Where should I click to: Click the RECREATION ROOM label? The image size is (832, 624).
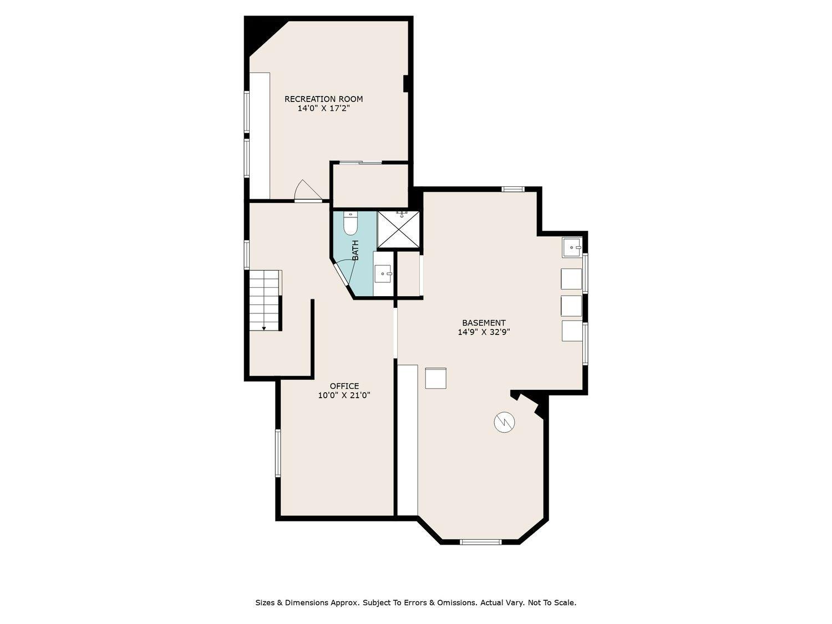(x=323, y=99)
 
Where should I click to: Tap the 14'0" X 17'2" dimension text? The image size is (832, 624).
(x=323, y=109)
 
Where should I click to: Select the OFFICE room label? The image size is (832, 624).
(x=344, y=386)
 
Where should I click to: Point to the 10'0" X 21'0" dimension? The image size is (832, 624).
(x=344, y=395)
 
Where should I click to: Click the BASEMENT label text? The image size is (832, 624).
(x=484, y=323)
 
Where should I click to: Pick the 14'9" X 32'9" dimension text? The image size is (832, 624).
(x=484, y=332)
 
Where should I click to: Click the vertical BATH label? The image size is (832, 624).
(x=355, y=250)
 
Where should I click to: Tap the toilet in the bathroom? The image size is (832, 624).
(x=351, y=223)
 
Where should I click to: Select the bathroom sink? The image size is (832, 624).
(x=383, y=273)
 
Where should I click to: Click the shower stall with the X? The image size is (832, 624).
(x=399, y=230)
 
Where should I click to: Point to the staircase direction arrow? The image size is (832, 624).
(x=264, y=328)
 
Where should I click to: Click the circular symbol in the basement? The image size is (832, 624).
(x=504, y=423)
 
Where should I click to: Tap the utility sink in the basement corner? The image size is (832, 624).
(x=571, y=247)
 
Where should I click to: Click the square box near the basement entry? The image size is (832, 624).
(x=435, y=378)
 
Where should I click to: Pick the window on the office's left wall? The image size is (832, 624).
(x=278, y=453)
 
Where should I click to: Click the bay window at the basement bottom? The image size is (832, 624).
(x=480, y=541)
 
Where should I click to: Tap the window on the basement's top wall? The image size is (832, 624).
(x=513, y=189)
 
